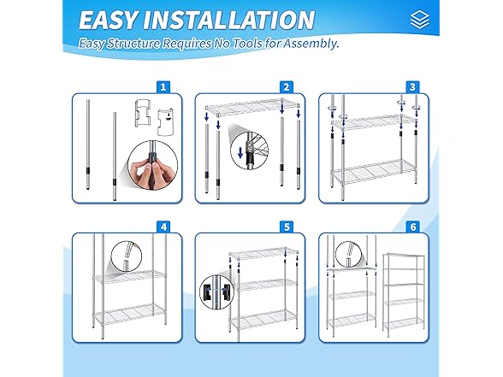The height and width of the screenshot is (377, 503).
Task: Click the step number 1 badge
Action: point(163,87)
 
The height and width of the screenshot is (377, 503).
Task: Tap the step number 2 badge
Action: point(287,87)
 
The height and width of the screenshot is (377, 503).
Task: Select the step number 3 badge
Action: point(412,87)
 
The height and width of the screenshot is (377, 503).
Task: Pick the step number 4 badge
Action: point(163,227)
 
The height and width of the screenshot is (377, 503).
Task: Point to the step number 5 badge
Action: point(287,227)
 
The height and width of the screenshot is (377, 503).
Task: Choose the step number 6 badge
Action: point(413,227)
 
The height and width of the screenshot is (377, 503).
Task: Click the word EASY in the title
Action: point(108,20)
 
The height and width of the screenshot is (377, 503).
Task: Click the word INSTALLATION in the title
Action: point(228,20)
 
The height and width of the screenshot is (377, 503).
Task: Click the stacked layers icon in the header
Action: point(419,19)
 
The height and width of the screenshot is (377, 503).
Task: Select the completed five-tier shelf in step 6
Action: point(404,295)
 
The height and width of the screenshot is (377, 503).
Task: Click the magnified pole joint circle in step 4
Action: point(126,256)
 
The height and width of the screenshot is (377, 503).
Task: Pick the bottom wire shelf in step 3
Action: point(373,172)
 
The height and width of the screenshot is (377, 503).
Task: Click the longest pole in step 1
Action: point(88,144)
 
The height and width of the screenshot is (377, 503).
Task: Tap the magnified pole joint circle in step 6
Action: point(350,255)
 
